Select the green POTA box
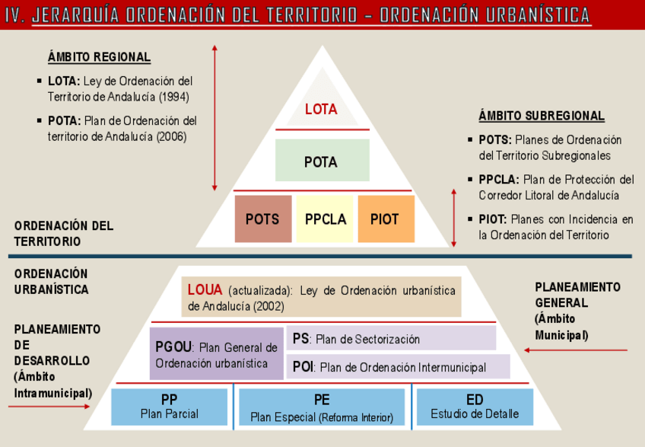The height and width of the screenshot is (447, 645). [x=321, y=161]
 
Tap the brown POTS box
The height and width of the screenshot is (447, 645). [x=262, y=219]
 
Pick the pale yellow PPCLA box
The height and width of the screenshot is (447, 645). [x=325, y=219]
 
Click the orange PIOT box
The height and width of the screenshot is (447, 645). [x=386, y=219]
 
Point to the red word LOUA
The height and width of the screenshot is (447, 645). [x=205, y=290]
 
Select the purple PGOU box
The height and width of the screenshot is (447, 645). [x=216, y=354]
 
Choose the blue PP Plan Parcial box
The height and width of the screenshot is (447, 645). [x=170, y=407]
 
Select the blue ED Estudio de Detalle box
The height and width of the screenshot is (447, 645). [x=474, y=407]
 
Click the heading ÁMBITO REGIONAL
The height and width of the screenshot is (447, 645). [x=98, y=58]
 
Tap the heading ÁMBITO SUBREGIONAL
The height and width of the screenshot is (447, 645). [x=542, y=116]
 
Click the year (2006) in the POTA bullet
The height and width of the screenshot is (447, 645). [x=172, y=137]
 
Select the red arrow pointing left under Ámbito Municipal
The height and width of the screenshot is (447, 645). [x=578, y=351]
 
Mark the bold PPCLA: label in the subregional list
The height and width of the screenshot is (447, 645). [x=499, y=180]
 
